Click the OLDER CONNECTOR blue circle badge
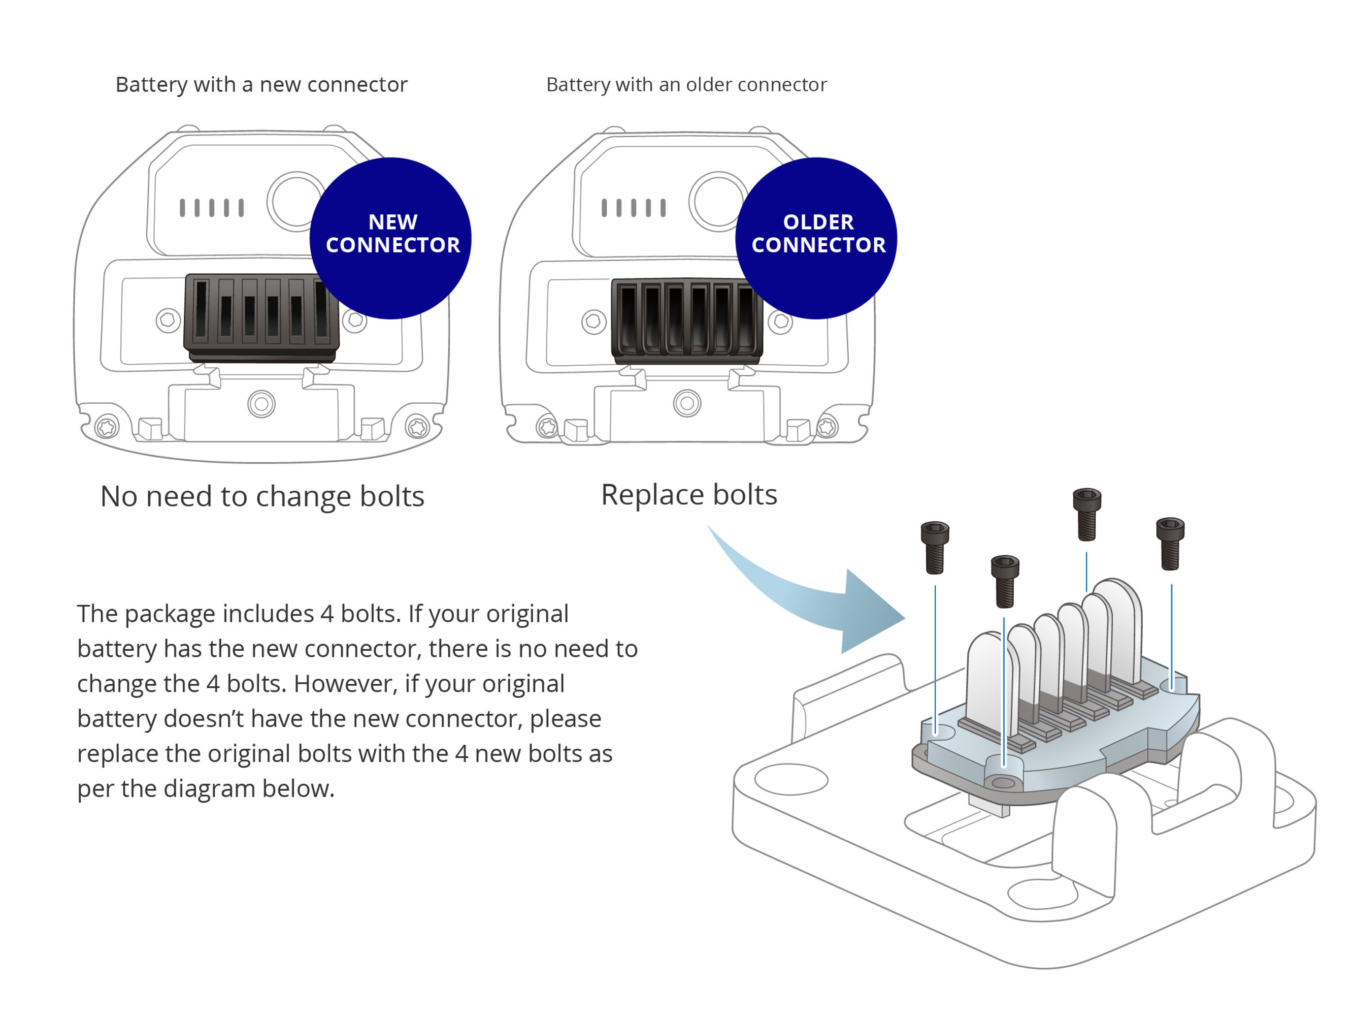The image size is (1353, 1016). click(x=816, y=238)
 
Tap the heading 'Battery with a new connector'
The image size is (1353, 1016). click(x=261, y=84)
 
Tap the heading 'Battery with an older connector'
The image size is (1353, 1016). click(x=686, y=84)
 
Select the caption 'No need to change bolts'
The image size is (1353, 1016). click(x=262, y=496)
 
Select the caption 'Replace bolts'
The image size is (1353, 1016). click(x=689, y=494)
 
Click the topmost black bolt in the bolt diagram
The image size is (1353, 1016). click(x=1087, y=514)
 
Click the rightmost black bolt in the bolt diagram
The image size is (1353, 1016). click(x=1170, y=544)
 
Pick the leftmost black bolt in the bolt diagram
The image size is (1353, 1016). click(x=935, y=547)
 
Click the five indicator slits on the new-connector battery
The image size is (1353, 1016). click(x=212, y=207)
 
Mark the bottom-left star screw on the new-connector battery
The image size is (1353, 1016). click(x=107, y=427)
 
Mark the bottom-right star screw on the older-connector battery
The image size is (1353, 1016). click(x=827, y=427)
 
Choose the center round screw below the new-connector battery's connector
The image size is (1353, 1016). click(x=261, y=404)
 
